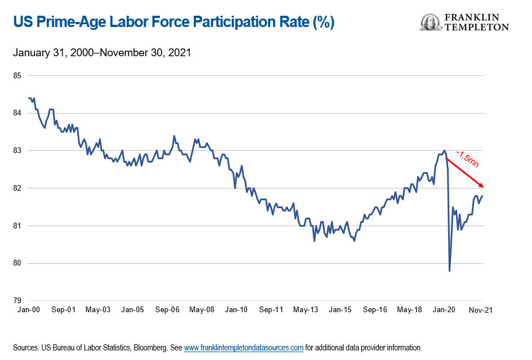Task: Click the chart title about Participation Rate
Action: point(173,22)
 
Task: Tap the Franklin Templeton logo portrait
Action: point(430,22)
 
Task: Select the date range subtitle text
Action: point(102,53)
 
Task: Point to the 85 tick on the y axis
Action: point(17,75)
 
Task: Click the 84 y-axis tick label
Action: point(17,113)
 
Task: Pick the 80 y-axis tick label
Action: point(17,263)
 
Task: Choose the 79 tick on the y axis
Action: point(17,300)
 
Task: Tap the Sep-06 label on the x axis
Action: point(167,310)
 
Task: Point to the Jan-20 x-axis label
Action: point(444,310)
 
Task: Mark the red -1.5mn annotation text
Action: point(467,160)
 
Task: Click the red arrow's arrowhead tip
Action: point(483,187)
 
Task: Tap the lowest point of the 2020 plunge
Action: point(449,271)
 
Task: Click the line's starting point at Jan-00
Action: point(28,98)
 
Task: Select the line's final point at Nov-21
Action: point(482,196)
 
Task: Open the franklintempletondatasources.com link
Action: point(244,348)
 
